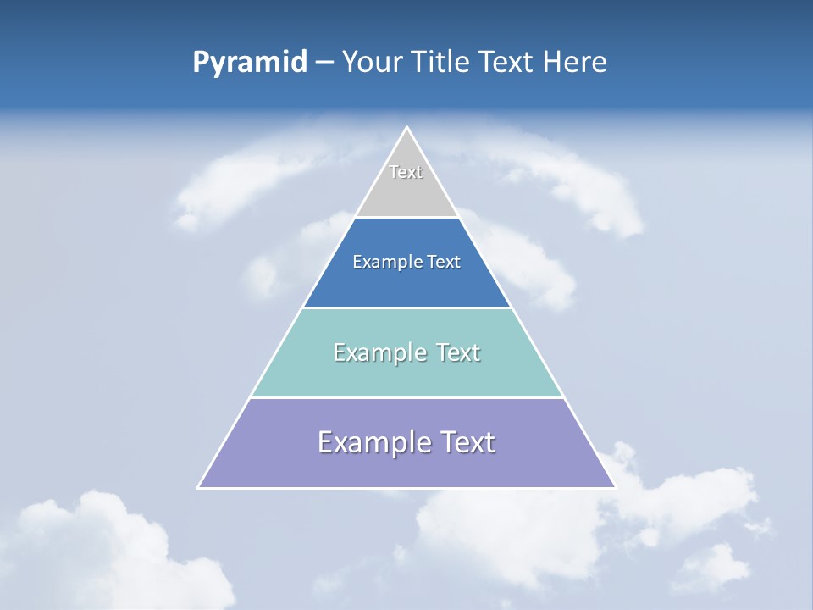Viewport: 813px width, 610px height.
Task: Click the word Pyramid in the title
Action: pos(250,63)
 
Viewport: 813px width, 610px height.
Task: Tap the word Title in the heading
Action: pos(440,63)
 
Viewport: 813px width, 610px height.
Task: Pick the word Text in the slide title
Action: pos(506,63)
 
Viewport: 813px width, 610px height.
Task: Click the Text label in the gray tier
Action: pos(406,172)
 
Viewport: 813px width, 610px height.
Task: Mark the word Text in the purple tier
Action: pos(464,442)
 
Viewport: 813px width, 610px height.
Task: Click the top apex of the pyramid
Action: pos(406,128)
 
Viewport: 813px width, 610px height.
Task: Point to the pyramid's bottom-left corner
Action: pos(199,487)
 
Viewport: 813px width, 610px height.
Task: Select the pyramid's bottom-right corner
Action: pos(614,487)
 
